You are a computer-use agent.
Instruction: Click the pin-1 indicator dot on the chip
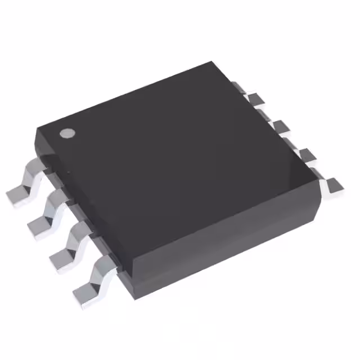point(67,133)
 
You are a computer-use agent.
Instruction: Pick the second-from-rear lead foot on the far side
point(258,101)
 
